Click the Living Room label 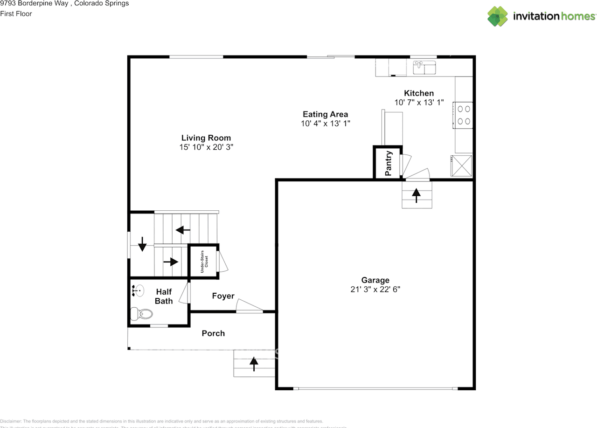206,138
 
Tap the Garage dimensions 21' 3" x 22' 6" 375,289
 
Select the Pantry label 388,163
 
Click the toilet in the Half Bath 141,314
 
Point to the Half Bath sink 137,291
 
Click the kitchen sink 424,68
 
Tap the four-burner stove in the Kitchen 464,115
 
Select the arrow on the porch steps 254,364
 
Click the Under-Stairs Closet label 204,262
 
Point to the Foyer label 223,296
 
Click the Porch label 213,333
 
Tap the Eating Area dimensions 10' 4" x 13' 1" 325,124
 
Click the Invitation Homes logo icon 498,16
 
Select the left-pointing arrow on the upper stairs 183,230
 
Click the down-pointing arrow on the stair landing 142,242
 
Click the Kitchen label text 418,93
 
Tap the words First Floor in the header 16,14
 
